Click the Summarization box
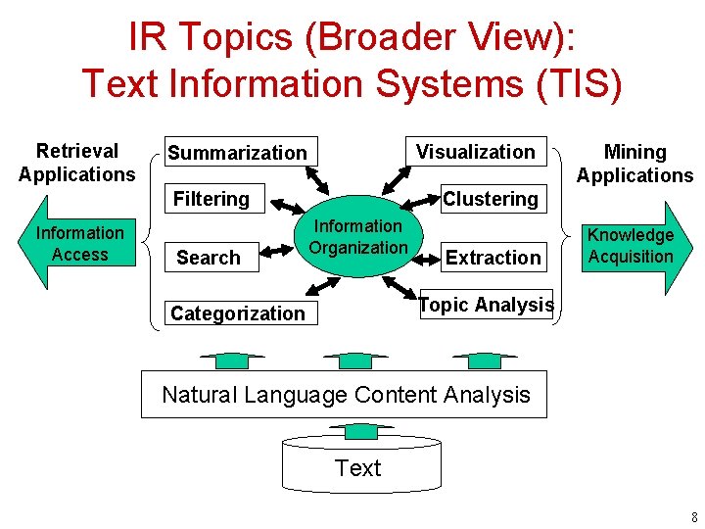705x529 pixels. click(238, 152)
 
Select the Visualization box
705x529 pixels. click(476, 151)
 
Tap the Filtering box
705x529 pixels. click(211, 199)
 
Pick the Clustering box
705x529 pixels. click(491, 199)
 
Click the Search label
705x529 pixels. click(208, 258)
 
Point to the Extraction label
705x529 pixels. click(493, 258)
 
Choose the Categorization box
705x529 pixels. click(238, 313)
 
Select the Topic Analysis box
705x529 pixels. click(486, 305)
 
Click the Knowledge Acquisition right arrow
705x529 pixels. click(633, 246)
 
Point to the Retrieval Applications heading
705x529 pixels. click(76, 163)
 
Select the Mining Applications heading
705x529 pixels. click(634, 164)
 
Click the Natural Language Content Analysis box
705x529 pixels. click(345, 395)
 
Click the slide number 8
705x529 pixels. click(692, 516)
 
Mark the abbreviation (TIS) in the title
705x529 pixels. click(580, 83)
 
